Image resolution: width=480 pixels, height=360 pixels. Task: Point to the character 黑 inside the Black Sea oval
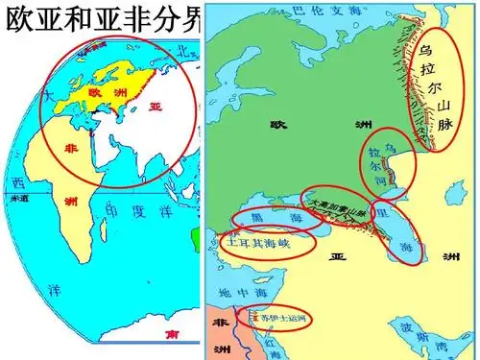244,219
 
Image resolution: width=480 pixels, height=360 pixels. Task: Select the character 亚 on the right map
338,256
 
